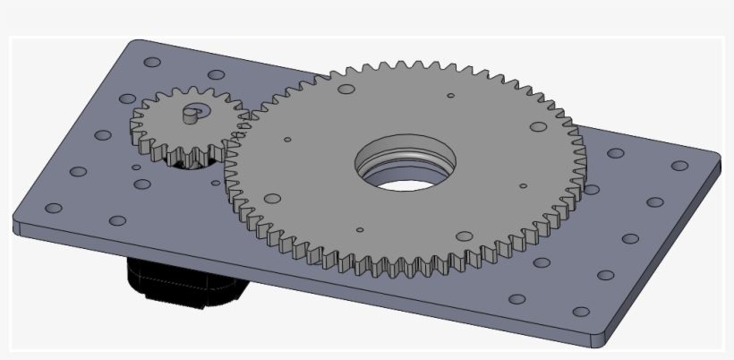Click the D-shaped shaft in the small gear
point(190,114)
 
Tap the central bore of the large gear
point(405,167)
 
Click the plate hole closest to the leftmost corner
point(54,208)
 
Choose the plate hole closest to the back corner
point(152,63)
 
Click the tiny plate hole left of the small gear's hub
point(136,167)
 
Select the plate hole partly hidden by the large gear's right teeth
point(590,188)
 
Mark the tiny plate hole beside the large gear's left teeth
point(216,183)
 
